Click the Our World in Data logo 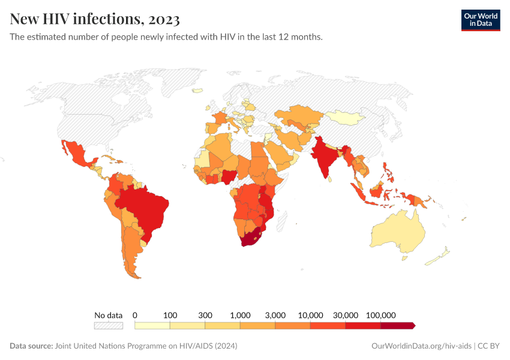[x=480, y=20]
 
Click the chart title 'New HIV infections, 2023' [x=95, y=20]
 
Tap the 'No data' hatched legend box [x=108, y=325]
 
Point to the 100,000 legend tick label [x=380, y=315]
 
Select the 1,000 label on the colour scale [x=240, y=315]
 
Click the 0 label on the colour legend [x=135, y=315]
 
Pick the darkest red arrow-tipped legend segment [x=397, y=325]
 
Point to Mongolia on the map [x=345, y=117]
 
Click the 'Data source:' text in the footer [x=31, y=346]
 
